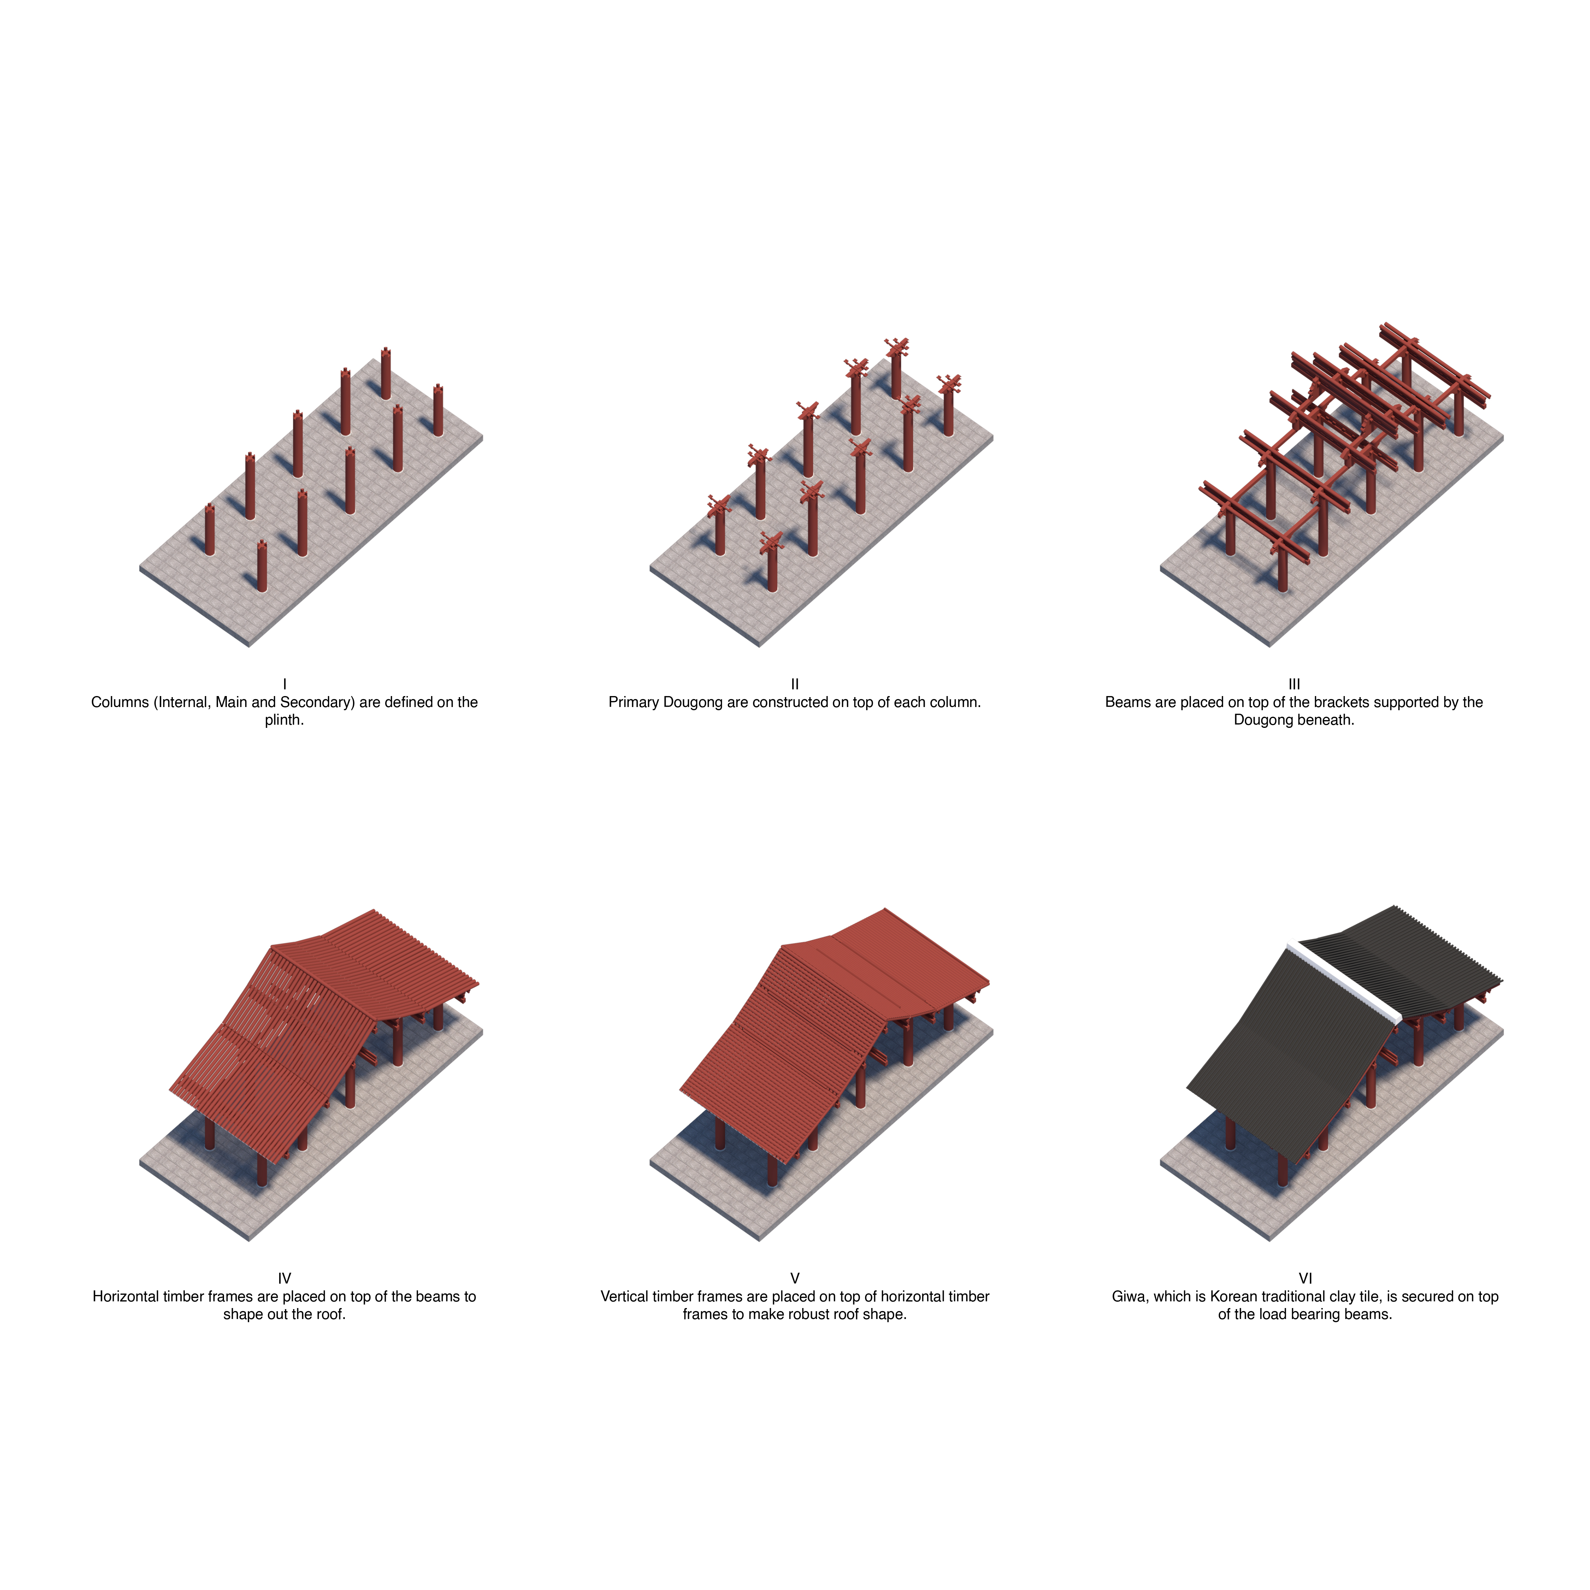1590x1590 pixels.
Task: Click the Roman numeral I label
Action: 285,684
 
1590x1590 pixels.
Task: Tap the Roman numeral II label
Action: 795,684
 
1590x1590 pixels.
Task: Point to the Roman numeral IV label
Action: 285,1278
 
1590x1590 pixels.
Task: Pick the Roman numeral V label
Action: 795,1278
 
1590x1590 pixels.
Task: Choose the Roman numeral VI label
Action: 1305,1278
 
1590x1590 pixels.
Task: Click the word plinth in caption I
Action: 284,720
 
